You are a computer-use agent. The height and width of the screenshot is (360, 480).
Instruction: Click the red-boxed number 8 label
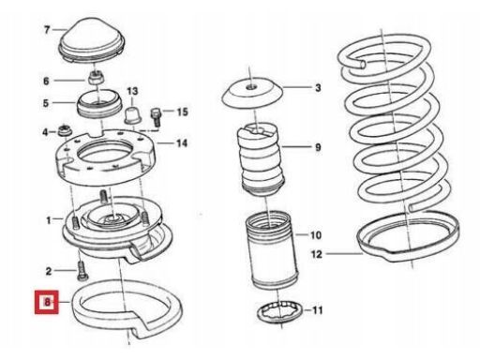[x=47, y=302]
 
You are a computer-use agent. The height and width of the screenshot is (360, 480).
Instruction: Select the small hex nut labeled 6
[x=96, y=77]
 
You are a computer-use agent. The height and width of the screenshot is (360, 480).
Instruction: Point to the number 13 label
[x=132, y=91]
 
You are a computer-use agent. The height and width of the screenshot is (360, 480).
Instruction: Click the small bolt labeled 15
[x=156, y=117]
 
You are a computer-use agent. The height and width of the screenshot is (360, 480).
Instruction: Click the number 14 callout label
[x=182, y=143]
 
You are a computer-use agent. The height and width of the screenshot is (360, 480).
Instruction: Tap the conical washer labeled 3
[x=252, y=93]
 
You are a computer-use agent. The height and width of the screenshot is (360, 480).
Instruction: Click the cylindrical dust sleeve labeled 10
[x=272, y=250]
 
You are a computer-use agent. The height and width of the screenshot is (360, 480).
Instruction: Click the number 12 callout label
[x=317, y=254]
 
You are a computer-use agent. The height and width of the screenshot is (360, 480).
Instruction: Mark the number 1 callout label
[x=49, y=220]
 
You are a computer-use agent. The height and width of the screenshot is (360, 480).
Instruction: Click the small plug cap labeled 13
[x=133, y=114]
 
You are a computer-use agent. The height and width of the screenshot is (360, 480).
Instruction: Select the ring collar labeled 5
[x=99, y=104]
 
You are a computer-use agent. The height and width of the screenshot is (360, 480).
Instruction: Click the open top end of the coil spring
[x=363, y=64]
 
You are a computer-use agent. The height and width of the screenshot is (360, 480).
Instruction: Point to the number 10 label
[x=316, y=235]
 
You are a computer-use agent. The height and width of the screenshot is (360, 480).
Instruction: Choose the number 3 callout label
[x=318, y=88]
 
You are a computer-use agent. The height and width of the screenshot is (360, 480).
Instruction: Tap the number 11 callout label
[x=318, y=310]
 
